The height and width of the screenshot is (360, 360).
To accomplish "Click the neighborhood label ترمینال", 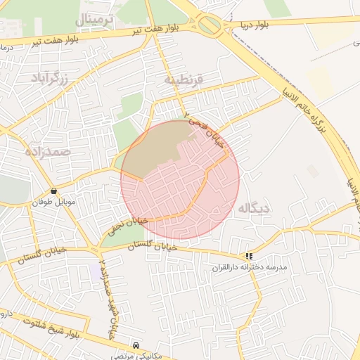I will tap(94, 18).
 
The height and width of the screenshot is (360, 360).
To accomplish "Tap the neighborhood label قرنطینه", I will tap(184, 79).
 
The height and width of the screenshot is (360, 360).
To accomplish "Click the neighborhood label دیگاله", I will tap(254, 208).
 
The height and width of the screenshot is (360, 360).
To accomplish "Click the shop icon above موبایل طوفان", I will tap(54, 191).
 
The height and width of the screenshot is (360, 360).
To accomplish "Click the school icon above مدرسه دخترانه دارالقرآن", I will tap(250, 257).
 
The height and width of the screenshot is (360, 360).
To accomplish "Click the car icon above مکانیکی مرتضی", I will tap(136, 346).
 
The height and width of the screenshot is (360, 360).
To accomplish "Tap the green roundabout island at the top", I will tap(210, 26).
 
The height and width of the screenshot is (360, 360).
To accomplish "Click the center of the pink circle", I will tap(180, 179).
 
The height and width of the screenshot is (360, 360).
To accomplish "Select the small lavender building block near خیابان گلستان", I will tap(95, 271).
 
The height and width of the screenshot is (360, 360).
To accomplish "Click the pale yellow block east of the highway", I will tap(319, 83).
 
